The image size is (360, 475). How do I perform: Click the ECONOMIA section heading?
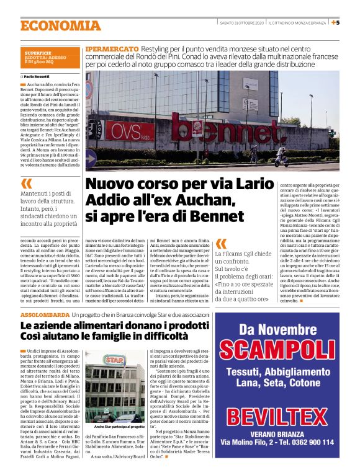[x=60, y=25]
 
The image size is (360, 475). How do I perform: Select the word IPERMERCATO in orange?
[x=112, y=48]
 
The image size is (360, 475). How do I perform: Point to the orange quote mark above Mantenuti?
[x=26, y=184]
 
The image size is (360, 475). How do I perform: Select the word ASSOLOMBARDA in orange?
[x=45, y=316]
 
